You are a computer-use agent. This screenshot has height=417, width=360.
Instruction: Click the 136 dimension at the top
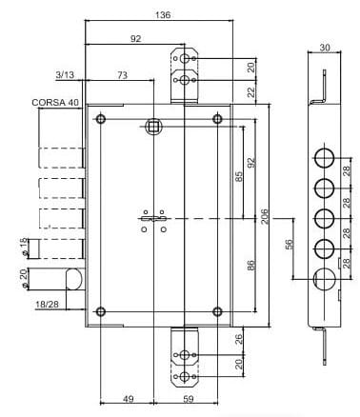(163, 15)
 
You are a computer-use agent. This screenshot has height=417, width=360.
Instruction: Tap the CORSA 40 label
(55, 103)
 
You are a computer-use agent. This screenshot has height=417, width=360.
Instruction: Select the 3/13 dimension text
(65, 75)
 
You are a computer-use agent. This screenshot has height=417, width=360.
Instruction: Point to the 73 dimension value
(123, 75)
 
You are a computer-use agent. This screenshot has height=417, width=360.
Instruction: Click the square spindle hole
(153, 127)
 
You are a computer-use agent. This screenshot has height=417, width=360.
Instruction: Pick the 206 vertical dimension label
(265, 216)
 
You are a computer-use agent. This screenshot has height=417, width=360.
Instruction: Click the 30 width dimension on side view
(325, 48)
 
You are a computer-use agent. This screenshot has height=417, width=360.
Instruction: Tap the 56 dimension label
(290, 245)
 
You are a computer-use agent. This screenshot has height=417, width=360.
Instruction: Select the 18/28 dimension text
(47, 304)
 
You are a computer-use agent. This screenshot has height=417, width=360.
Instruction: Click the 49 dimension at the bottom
(128, 399)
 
